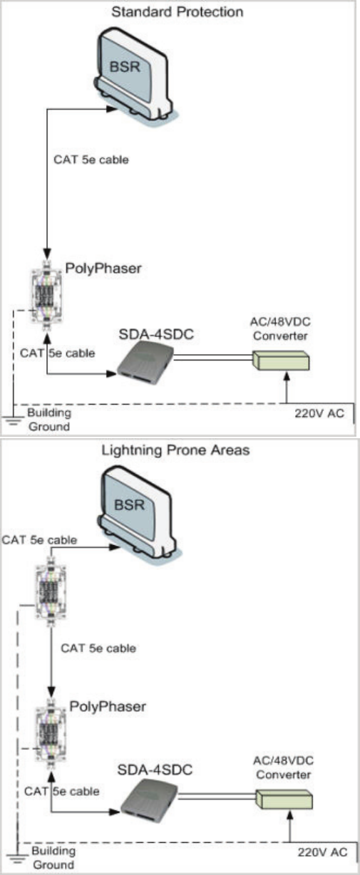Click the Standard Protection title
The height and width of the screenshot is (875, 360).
click(178, 11)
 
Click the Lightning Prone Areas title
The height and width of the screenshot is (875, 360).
click(175, 450)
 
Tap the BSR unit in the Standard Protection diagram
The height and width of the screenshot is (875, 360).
click(135, 74)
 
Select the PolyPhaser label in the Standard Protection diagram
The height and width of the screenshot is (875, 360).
click(103, 269)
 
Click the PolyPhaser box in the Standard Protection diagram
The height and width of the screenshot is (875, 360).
click(47, 291)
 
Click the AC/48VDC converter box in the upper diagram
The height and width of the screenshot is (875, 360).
click(281, 360)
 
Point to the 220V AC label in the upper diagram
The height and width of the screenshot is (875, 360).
click(319, 413)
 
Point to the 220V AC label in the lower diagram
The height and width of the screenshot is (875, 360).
click(322, 852)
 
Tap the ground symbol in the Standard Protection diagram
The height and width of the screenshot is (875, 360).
click(13, 420)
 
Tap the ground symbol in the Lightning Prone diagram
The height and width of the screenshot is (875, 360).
click(17, 860)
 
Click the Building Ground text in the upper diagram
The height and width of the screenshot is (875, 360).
click(49, 420)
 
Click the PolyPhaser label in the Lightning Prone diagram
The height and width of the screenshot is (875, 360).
click(108, 706)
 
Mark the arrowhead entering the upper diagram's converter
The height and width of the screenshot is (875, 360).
click(287, 376)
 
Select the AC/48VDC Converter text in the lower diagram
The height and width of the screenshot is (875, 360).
click(284, 767)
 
